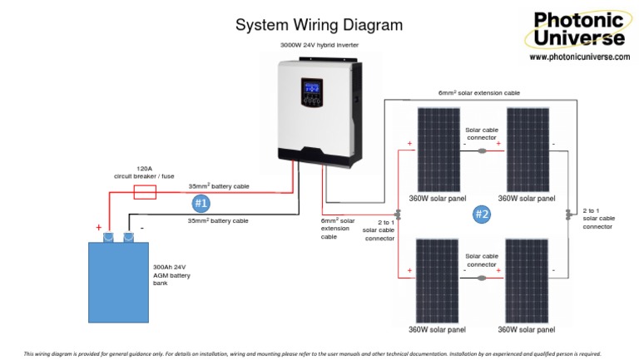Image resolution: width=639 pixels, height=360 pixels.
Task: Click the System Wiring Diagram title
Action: click(x=319, y=25)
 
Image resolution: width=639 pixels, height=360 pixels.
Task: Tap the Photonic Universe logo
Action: click(x=578, y=29)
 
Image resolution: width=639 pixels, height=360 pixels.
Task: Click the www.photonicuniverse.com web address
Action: click(x=579, y=57)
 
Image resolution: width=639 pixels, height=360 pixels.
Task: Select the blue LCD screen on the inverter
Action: click(x=312, y=87)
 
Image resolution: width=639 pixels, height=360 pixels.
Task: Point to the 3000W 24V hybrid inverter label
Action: click(x=319, y=45)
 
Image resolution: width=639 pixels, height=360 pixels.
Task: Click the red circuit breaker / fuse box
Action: click(x=145, y=192)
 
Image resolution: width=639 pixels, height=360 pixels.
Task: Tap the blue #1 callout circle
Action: click(x=201, y=203)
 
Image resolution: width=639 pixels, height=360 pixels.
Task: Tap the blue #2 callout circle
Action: click(x=482, y=215)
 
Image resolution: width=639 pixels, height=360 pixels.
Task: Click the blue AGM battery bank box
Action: click(x=119, y=282)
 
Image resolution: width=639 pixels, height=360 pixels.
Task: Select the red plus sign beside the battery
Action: click(x=99, y=227)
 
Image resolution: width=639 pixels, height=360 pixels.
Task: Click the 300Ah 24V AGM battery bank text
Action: click(x=171, y=275)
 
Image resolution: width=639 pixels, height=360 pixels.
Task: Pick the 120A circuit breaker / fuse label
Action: click(x=144, y=172)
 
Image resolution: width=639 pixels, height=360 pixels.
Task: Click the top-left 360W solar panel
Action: click(x=438, y=150)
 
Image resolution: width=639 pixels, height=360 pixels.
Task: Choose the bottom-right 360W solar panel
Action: click(x=527, y=281)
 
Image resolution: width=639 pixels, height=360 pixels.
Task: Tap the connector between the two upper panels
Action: click(x=482, y=151)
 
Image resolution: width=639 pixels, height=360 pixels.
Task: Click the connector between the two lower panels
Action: click(x=482, y=279)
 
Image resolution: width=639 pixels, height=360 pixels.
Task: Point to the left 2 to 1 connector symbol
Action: click(x=398, y=215)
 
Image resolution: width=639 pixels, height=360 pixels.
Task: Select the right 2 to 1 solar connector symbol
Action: click(x=568, y=215)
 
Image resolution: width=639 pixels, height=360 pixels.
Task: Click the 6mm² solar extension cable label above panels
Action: click(x=479, y=93)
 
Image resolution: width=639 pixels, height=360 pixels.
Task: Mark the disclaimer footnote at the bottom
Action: click(x=312, y=354)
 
